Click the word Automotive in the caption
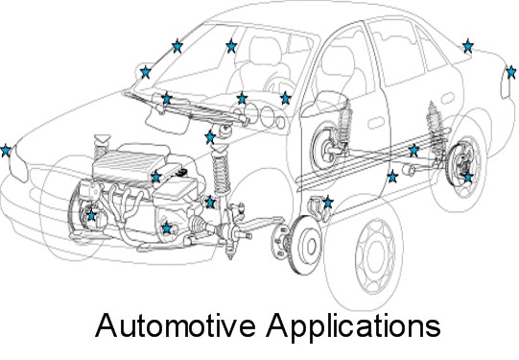click(176, 325)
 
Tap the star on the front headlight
click(6, 151)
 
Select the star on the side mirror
click(145, 72)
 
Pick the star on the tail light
click(510, 72)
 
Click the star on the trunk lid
click(467, 46)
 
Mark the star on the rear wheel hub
click(467, 177)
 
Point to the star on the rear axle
click(413, 151)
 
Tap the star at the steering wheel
click(285, 98)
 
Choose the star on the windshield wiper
click(167, 98)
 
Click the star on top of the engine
click(156, 177)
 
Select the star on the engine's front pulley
click(91, 215)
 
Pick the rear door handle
click(448, 98)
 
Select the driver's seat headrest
click(265, 49)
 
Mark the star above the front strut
click(210, 136)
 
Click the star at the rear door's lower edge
click(392, 177)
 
